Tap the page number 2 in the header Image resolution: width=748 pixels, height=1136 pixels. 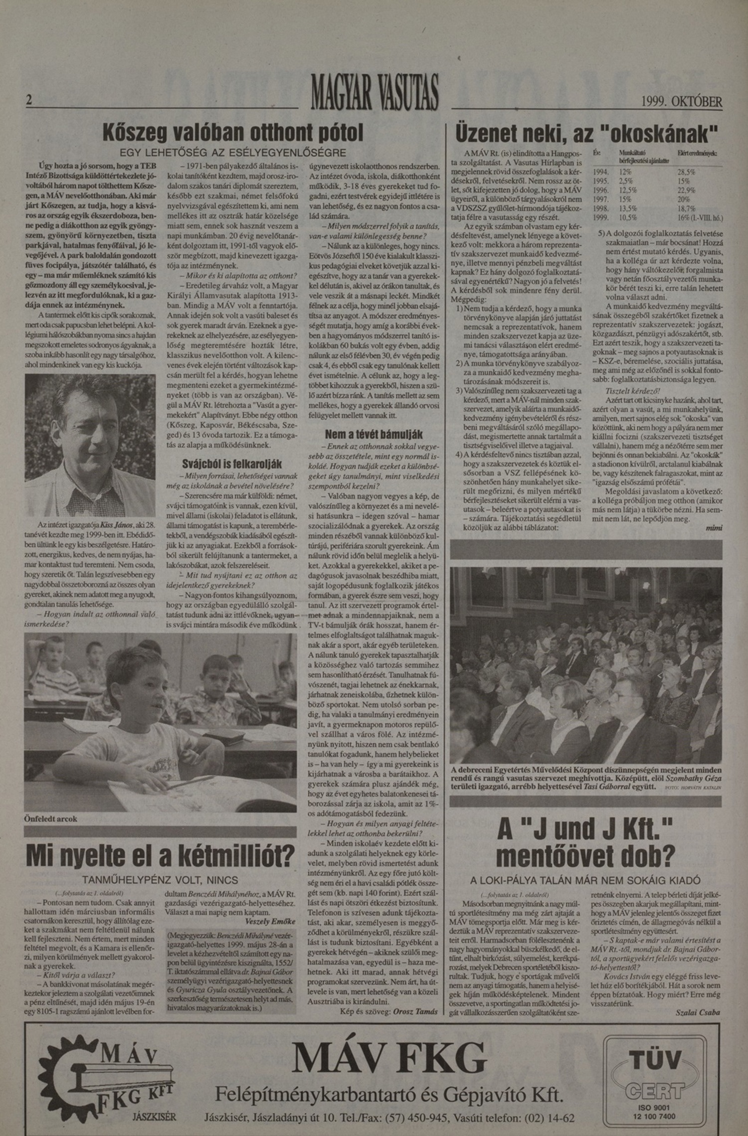29,100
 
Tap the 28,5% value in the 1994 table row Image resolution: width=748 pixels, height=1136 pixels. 686,172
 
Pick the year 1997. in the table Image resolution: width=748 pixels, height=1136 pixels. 600,199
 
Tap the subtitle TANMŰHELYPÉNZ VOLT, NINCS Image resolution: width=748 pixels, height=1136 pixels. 160,880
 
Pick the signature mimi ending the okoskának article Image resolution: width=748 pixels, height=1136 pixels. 714,528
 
